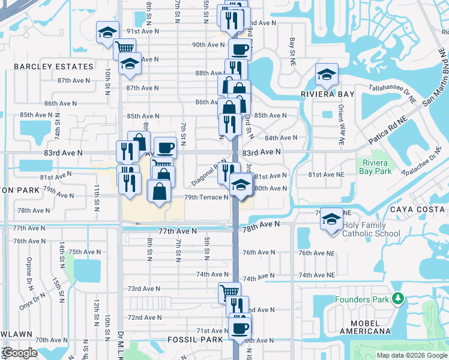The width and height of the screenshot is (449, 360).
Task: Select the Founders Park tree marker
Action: click(x=397, y=298)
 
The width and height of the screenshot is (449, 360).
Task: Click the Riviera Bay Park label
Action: click(x=375, y=167)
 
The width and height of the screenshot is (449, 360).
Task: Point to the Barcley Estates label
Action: click(x=54, y=67)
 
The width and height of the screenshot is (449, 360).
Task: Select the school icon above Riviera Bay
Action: click(x=327, y=74)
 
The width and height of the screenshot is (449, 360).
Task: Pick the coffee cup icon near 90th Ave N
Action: click(x=240, y=49)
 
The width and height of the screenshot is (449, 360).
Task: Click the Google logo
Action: click(x=20, y=353)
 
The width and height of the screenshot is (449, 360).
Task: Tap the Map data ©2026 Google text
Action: click(x=411, y=355)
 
